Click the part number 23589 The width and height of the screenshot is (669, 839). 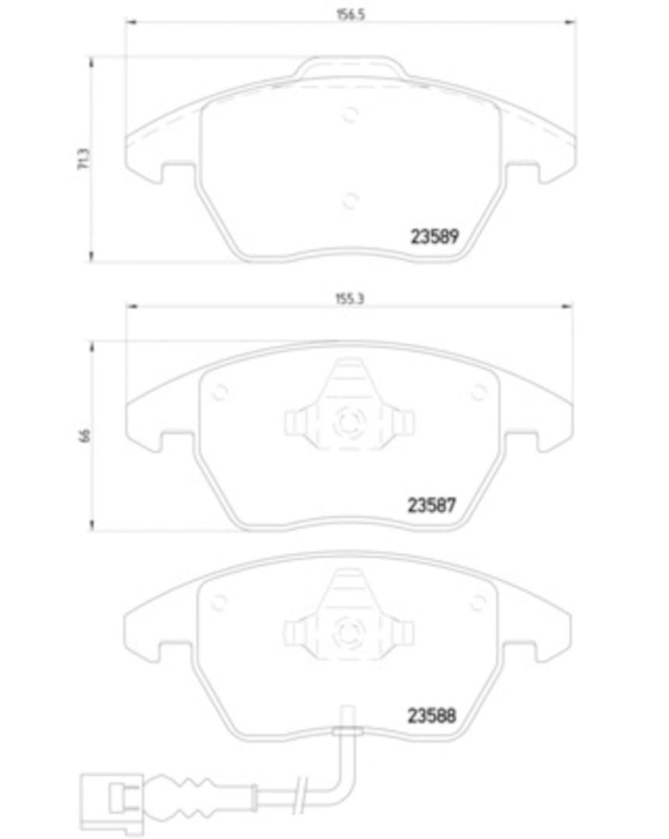[x=433, y=236]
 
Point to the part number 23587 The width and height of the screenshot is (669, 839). [x=431, y=505]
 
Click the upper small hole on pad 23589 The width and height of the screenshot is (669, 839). [x=350, y=114]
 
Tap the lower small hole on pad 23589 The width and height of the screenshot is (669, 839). [x=350, y=200]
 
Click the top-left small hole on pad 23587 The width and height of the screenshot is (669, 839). [x=219, y=393]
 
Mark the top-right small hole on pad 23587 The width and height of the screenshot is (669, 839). [x=477, y=393]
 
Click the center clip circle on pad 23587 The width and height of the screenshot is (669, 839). [x=347, y=425]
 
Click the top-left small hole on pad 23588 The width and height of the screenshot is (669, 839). [x=218, y=602]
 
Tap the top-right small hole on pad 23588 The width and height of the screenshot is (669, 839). [x=477, y=601]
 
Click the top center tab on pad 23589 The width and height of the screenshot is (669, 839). [x=349, y=67]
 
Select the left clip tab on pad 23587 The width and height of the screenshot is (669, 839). [x=294, y=423]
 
